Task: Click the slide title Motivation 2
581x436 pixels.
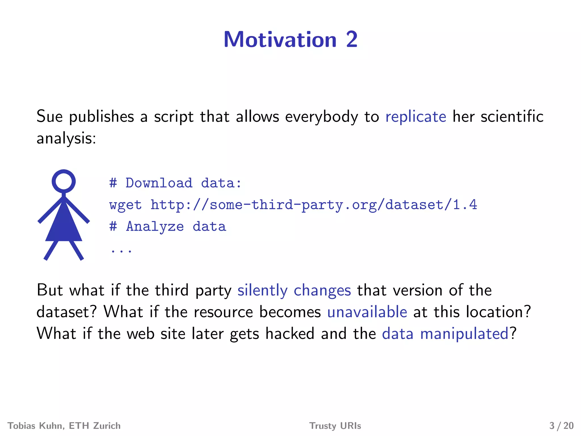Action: (x=290, y=39)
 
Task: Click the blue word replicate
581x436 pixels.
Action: (x=416, y=117)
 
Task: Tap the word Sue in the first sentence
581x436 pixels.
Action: (x=50, y=116)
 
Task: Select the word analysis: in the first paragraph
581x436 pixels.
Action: (x=66, y=139)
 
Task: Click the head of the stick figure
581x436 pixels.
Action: (x=64, y=181)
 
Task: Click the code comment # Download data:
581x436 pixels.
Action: (x=175, y=183)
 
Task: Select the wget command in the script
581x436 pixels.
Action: (x=125, y=205)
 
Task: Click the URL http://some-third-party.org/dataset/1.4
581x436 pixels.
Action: (x=313, y=205)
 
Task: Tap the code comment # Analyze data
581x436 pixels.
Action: (x=168, y=227)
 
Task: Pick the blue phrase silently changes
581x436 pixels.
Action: (x=294, y=290)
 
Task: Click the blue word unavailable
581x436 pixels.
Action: (x=367, y=312)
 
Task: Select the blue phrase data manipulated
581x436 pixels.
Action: (x=445, y=334)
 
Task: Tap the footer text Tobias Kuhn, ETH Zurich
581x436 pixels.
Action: (x=64, y=426)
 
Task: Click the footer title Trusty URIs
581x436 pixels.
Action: (x=335, y=426)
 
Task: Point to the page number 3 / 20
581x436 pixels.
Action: (x=561, y=426)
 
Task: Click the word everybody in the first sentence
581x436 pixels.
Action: (x=321, y=117)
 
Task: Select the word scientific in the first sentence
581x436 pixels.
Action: (x=512, y=117)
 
